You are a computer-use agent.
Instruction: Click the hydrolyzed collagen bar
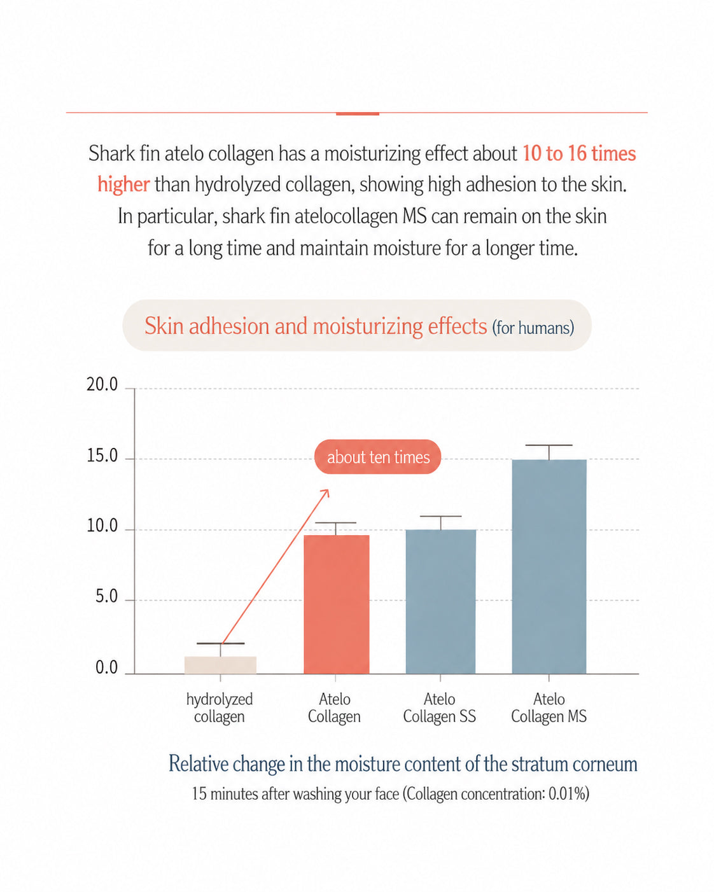coord(220,665)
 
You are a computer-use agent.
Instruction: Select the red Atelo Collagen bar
coord(336,604)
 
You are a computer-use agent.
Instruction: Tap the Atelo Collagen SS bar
coord(440,602)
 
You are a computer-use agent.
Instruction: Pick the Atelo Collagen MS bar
coord(549,567)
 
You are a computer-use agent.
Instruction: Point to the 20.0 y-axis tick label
coord(102,385)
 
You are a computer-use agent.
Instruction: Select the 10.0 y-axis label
coord(102,526)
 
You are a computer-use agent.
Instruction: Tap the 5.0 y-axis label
coord(106,596)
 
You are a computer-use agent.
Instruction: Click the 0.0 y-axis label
coord(106,668)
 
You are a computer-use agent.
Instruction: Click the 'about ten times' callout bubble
coord(377,457)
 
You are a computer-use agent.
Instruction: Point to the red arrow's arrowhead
coord(326,492)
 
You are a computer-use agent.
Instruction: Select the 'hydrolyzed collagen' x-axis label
coord(220,707)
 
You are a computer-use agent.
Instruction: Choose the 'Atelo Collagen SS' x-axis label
coord(440,707)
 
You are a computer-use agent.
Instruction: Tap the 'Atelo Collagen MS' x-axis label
coord(549,707)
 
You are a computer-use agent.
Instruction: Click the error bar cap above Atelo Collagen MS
coord(549,445)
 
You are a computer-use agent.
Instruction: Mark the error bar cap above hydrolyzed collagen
coord(221,643)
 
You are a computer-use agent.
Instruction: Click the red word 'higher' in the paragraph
coord(123,185)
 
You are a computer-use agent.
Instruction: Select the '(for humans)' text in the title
coord(533,328)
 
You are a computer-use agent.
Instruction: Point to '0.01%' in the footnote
coord(569,794)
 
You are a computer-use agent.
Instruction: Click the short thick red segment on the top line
coord(358,114)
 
